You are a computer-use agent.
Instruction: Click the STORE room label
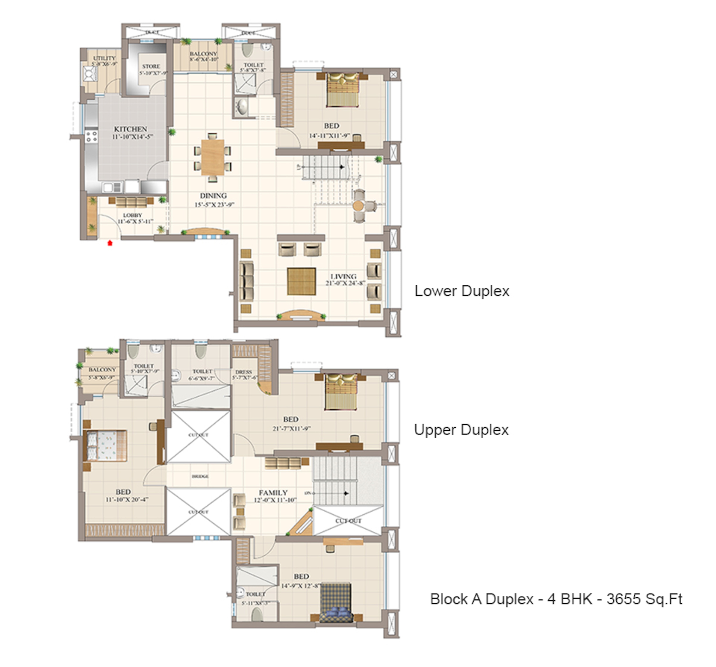pyautogui.click(x=151, y=67)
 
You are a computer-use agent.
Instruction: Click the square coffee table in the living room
pyautogui.click(x=301, y=281)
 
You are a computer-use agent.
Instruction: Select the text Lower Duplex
pyautogui.click(x=462, y=291)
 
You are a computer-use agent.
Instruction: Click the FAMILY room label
pyautogui.click(x=273, y=493)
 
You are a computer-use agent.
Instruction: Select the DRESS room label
pyautogui.click(x=244, y=372)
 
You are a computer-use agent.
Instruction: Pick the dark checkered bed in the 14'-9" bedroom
pyautogui.click(x=336, y=603)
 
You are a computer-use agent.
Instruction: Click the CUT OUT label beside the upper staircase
pyautogui.click(x=348, y=521)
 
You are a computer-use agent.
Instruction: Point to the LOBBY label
pyautogui.click(x=132, y=215)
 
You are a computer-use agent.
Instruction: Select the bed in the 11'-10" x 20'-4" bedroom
pyautogui.click(x=105, y=446)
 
